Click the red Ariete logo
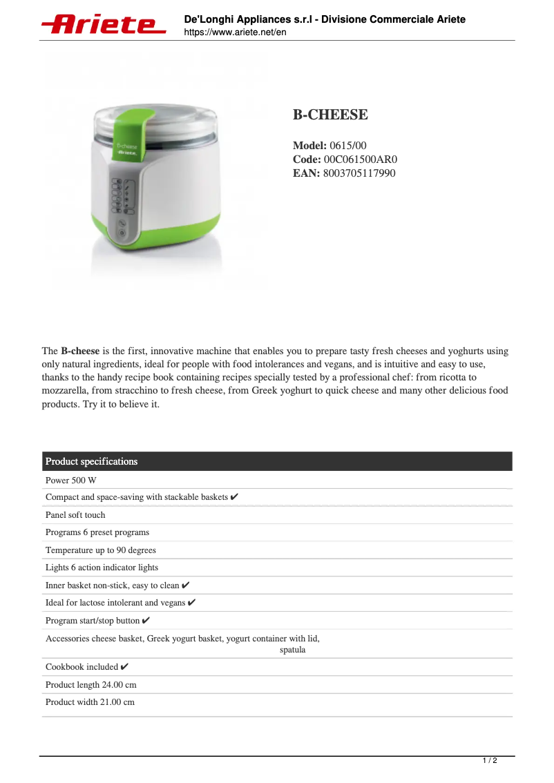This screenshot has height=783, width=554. pos(104,25)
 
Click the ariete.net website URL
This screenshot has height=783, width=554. pos(235,32)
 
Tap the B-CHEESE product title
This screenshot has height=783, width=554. pos(330,115)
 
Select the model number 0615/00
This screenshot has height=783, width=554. pos(348,146)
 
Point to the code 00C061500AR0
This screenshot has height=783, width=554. pos(361,159)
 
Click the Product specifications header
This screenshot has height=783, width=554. pos(91,461)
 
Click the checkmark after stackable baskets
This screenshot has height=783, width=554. pos(235,497)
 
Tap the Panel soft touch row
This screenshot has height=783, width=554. pos(75,515)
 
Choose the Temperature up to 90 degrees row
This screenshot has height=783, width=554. pos(101,550)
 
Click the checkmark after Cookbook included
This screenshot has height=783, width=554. pos(124,667)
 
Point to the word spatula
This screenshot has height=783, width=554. pos(292,650)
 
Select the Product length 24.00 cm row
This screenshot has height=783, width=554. pos(90,685)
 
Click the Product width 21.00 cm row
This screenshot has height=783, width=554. pos(90,702)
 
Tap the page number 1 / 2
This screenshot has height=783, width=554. pos(489,761)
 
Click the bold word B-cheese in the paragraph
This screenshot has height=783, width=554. pos(80,351)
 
